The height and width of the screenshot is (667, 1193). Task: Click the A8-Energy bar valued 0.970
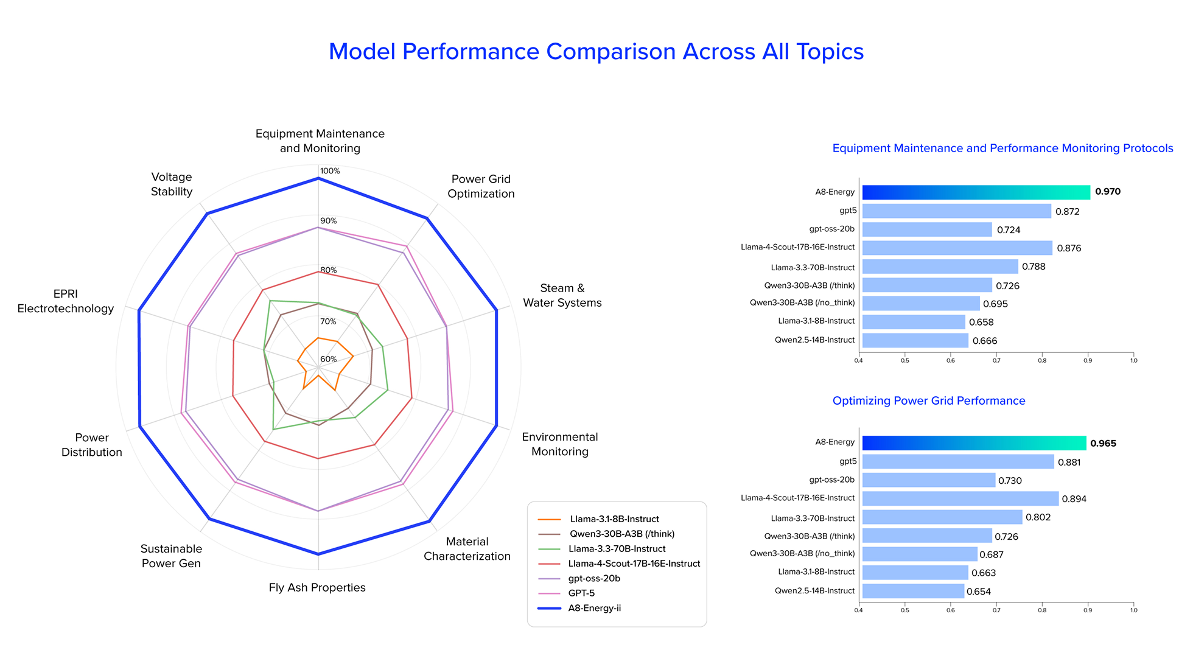[976, 192]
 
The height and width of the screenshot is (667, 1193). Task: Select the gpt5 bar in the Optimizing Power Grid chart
[957, 462]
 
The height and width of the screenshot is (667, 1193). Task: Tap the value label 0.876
[1069, 248]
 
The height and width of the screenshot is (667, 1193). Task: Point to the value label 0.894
[1074, 499]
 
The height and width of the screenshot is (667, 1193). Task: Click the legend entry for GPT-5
[581, 593]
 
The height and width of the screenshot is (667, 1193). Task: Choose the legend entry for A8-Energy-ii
[594, 608]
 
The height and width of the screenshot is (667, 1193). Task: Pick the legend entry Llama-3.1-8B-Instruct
[614, 519]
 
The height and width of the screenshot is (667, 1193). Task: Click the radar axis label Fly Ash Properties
[317, 588]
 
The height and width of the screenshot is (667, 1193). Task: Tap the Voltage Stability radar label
[172, 184]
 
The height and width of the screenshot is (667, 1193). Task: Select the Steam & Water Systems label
[562, 296]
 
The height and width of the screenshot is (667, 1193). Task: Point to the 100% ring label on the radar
[330, 171]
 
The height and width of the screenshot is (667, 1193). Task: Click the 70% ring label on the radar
[328, 321]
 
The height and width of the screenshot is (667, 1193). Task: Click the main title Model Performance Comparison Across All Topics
[596, 52]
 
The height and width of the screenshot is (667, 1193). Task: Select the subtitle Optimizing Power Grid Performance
[928, 401]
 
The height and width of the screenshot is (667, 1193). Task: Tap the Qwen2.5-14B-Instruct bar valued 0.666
[915, 341]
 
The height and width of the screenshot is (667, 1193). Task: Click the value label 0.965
[1103, 444]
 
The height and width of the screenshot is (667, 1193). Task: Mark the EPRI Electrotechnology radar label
[66, 301]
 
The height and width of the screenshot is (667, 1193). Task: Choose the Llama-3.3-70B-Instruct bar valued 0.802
[942, 517]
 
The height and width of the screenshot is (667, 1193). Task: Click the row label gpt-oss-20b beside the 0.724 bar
[831, 229]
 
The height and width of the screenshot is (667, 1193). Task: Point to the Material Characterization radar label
[467, 549]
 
